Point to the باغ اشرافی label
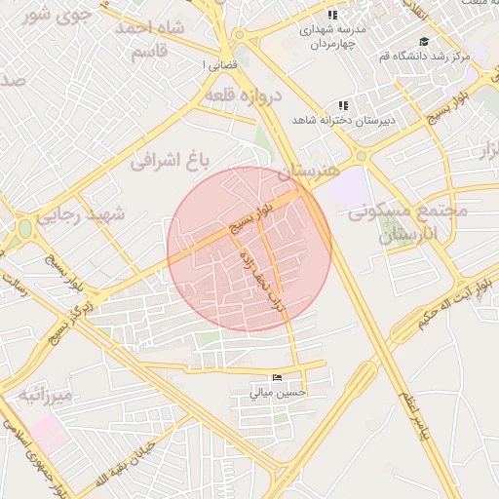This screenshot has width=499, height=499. [178, 159]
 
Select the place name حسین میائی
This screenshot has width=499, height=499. [278, 393]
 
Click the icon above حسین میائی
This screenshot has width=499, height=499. [278, 378]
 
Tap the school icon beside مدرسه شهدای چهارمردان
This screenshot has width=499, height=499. [331, 16]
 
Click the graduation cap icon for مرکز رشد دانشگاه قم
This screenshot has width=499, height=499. [424, 41]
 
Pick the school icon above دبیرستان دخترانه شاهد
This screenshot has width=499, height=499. [342, 105]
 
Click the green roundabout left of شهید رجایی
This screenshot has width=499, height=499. [23, 230]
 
